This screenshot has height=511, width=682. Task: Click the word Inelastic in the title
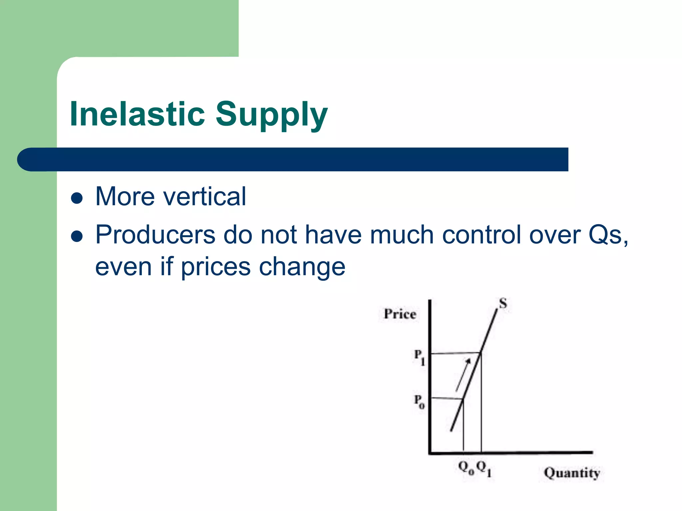pos(137,114)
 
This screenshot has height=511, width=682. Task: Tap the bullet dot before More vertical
pos(77,198)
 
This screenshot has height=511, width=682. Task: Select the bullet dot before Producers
pos(77,237)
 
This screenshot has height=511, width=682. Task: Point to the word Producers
pos(155,235)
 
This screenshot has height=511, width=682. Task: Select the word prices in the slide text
pos(215,267)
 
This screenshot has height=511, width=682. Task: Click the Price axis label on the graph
pos(400,314)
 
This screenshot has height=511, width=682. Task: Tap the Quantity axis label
pos(571,473)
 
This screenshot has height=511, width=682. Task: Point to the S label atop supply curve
pos(503,303)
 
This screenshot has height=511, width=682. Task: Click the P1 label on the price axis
pos(419,357)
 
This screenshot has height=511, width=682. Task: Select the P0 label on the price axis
pos(419,401)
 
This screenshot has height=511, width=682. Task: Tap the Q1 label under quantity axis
pos(484,468)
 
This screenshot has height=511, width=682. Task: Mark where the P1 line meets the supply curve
pos(481,353)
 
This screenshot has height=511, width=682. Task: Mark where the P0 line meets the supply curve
pos(463,399)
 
